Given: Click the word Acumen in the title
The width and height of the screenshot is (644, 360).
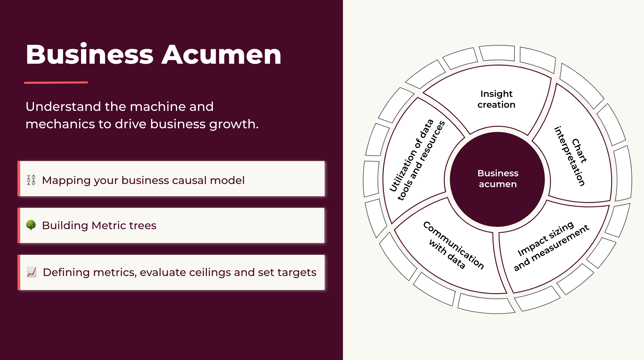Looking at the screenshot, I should pos(221,55).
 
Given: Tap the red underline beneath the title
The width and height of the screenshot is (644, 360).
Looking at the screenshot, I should pos(56,83).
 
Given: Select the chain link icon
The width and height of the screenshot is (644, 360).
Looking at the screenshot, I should pos(31,180).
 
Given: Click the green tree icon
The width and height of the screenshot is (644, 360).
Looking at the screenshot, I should pos(31,225).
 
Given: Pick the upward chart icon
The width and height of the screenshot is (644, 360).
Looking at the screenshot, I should pos(31,272).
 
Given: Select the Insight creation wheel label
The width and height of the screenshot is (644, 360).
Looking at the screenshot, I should pos(497,99).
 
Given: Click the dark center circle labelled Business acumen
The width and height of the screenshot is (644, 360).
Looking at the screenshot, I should pos(497,179).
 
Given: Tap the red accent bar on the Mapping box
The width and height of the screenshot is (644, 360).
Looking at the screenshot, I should pos(19,179).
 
